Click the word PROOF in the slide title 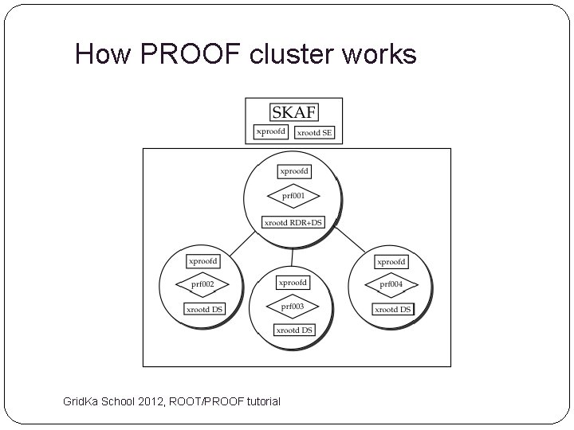pos(194,54)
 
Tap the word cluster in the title pos(290,54)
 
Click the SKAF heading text pos(293,111)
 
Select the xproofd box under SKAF pos(270,131)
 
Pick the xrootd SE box pos(315,132)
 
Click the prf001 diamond pos(293,196)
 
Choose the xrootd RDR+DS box pos(293,223)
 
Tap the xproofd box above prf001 pos(294,171)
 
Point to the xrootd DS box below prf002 pos(204,309)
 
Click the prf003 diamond pos(293,306)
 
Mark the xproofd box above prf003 pos(293,283)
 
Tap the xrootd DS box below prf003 pos(294,330)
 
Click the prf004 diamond pos(391,284)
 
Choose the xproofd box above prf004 pos(391,261)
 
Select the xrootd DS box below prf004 pos(393,309)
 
